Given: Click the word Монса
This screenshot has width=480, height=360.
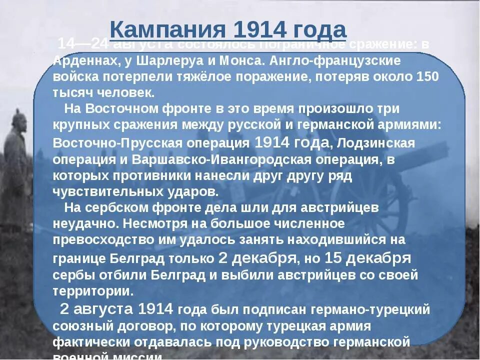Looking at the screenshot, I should click(240, 60).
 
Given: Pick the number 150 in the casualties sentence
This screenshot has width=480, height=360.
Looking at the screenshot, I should click(426, 76).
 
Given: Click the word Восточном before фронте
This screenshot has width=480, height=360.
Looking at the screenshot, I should click(118, 109).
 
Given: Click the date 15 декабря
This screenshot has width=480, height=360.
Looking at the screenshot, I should click(367, 258).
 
